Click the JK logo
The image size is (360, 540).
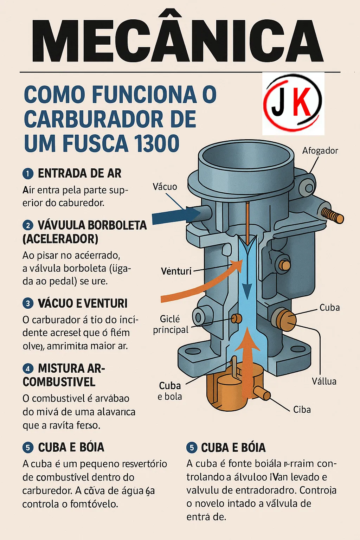(x=293, y=104)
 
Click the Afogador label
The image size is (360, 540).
(x=320, y=151)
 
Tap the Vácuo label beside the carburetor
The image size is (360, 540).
(x=165, y=187)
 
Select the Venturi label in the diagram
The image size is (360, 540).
(x=176, y=271)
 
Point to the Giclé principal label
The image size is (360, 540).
(x=171, y=324)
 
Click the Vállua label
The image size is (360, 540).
(x=324, y=381)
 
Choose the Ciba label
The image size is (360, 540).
(x=302, y=410)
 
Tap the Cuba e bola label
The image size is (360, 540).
(x=170, y=391)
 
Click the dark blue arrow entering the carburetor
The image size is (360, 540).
(x=176, y=215)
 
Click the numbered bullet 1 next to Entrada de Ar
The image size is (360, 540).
(x=28, y=174)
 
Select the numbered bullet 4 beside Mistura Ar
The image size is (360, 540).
(x=28, y=369)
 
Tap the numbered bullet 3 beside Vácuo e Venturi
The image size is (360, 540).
(x=28, y=303)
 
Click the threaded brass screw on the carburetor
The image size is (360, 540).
(x=332, y=215)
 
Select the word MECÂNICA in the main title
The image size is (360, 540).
(x=178, y=41)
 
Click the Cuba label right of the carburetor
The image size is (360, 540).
(x=329, y=308)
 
